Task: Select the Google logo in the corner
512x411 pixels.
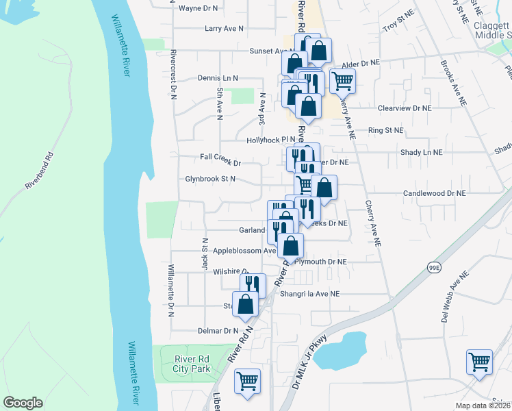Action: tap(23, 403)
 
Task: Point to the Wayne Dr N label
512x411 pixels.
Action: tap(197, 8)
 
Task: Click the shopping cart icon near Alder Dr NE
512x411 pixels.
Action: tap(342, 81)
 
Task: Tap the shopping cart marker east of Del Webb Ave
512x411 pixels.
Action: tap(479, 361)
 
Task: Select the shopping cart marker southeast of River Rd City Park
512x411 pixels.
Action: tap(247, 381)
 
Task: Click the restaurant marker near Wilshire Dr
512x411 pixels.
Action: tap(253, 284)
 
